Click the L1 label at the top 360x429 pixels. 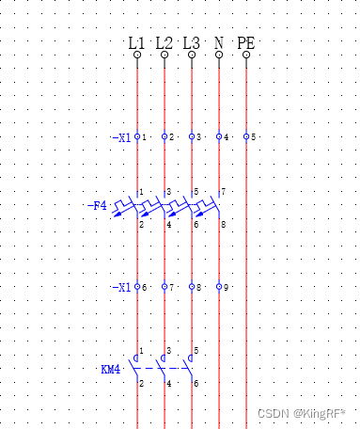point(137,43)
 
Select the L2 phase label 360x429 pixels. point(164,43)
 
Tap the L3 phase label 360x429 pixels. point(192,43)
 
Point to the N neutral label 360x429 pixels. point(219,43)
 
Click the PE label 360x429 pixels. point(246,43)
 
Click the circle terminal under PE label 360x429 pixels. point(246,56)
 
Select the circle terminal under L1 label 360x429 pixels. point(137,56)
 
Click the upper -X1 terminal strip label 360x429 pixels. point(121,137)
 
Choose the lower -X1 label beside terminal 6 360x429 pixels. point(121,287)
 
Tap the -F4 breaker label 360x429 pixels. point(97,205)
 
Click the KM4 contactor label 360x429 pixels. point(111,370)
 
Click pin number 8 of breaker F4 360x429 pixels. point(223,225)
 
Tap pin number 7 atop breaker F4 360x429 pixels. point(223,192)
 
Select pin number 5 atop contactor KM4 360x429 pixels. point(196,351)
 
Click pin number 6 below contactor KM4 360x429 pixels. point(196,384)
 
